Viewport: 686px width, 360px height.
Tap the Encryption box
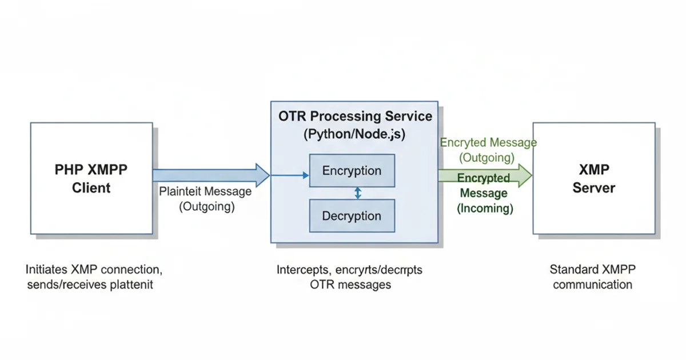pos(352,171)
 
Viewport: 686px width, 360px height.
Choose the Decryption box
pos(352,216)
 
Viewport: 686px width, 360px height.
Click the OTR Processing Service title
pos(355,117)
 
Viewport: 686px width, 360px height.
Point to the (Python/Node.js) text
pos(355,136)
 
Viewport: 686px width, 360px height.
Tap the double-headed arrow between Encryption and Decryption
pos(358,193)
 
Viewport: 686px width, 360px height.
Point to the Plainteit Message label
pos(205,192)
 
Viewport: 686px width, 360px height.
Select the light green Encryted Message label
pos(488,143)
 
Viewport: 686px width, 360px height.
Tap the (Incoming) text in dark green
pos(485,209)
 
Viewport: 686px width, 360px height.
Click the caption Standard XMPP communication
pos(593,277)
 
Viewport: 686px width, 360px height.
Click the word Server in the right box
pos(594,188)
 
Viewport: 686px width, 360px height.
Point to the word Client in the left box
pos(91,187)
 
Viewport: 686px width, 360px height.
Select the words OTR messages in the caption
pos(349,285)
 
